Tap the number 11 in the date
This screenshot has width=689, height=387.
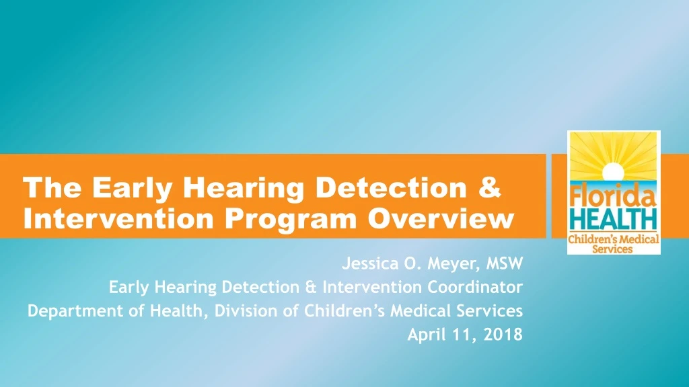coord(464,335)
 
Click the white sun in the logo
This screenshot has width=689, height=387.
coord(614,171)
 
